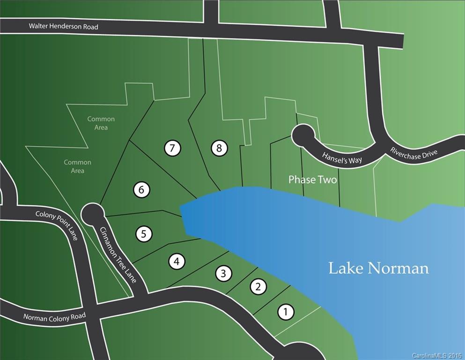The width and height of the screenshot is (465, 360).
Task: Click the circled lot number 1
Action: pyautogui.click(x=286, y=312)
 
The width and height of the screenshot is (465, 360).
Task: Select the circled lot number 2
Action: pyautogui.click(x=258, y=286)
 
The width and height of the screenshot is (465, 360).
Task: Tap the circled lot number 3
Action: pyautogui.click(x=224, y=273)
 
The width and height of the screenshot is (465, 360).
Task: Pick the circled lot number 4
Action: pyautogui.click(x=177, y=261)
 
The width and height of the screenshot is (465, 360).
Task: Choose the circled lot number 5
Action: pyautogui.click(x=144, y=234)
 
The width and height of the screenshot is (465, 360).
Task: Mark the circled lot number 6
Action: pyautogui.click(x=141, y=190)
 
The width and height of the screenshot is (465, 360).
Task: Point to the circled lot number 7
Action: pyautogui.click(x=172, y=149)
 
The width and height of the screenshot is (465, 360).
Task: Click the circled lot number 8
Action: pyautogui.click(x=219, y=149)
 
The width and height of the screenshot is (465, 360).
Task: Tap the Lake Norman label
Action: pyautogui.click(x=378, y=268)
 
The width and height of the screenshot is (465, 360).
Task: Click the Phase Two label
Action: pyautogui.click(x=312, y=180)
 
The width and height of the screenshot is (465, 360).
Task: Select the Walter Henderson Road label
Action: pyautogui.click(x=64, y=27)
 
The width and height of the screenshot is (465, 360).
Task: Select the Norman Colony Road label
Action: pyautogui.click(x=55, y=317)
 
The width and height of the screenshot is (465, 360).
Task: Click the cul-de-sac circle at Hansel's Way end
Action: pyautogui.click(x=303, y=136)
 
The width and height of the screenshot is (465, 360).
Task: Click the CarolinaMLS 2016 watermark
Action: pyautogui.click(x=437, y=355)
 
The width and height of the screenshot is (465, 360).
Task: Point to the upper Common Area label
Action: pyautogui.click(x=101, y=123)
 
